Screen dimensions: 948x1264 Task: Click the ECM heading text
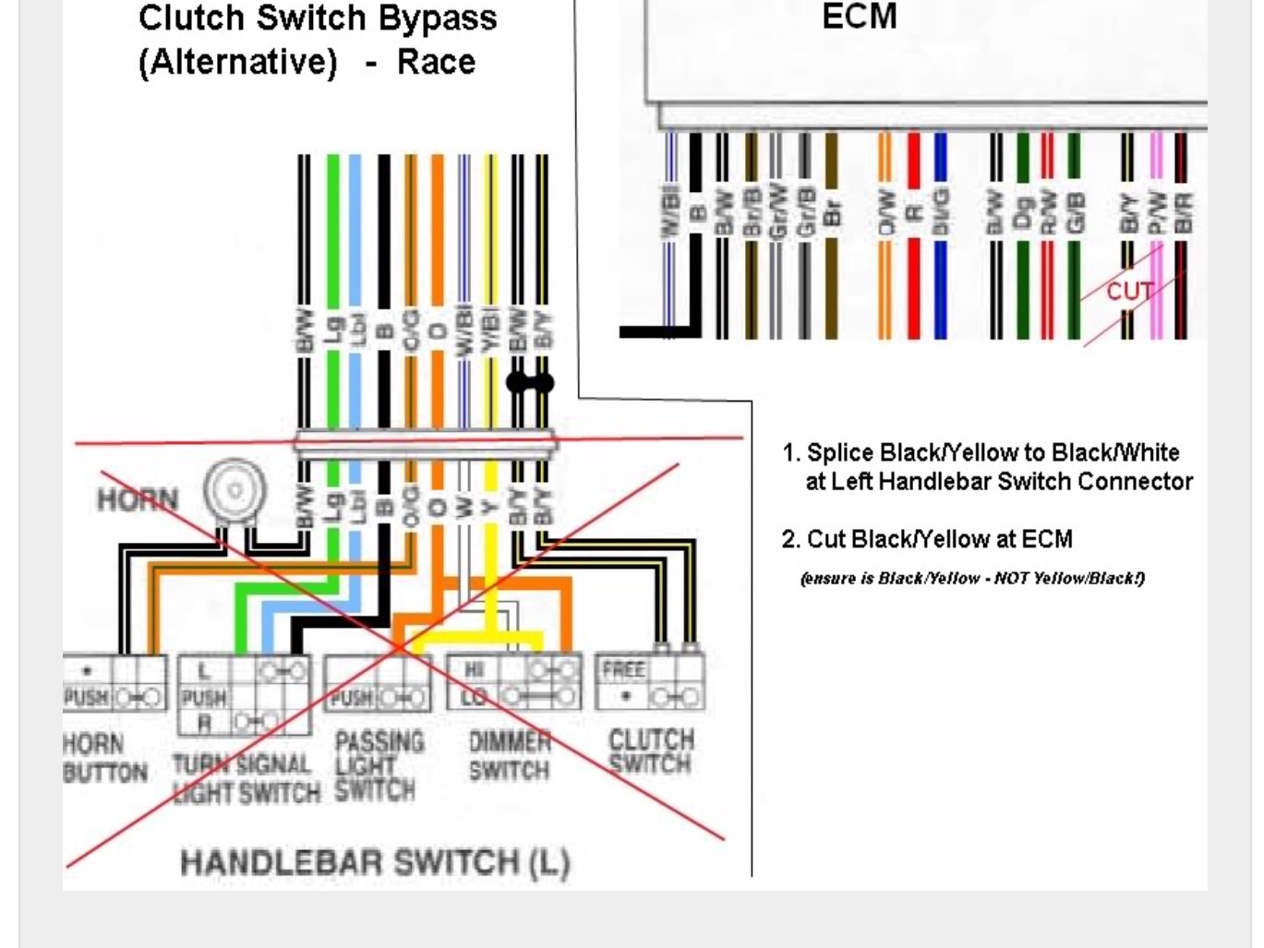[859, 17]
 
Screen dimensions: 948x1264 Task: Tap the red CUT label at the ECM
[1129, 292]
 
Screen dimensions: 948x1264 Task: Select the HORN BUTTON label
[104, 758]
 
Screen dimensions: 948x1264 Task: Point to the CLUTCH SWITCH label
[650, 751]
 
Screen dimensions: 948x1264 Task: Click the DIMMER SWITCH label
[509, 756]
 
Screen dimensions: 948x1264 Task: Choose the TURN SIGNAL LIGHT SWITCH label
[246, 778]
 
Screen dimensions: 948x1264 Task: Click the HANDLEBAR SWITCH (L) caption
[374, 862]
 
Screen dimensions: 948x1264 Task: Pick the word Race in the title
[436, 63]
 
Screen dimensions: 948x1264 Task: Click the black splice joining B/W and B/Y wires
[530, 382]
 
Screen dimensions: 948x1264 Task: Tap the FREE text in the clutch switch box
[623, 668]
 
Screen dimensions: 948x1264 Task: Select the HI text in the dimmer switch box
[475, 668]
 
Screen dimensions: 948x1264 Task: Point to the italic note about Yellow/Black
[972, 579]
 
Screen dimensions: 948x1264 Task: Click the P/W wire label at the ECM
[1155, 213]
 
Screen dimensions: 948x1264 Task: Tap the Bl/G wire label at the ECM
[940, 213]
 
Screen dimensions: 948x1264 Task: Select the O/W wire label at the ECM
[885, 213]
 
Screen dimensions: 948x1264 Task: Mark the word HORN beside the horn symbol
[137, 499]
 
